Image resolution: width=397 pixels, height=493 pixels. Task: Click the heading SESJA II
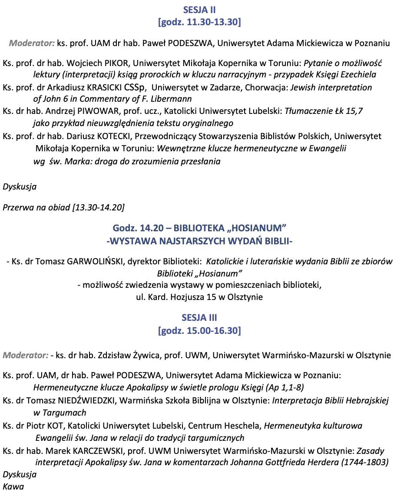point(199,10)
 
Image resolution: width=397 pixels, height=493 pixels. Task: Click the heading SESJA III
point(199,318)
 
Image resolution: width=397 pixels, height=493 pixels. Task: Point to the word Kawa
point(13,486)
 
